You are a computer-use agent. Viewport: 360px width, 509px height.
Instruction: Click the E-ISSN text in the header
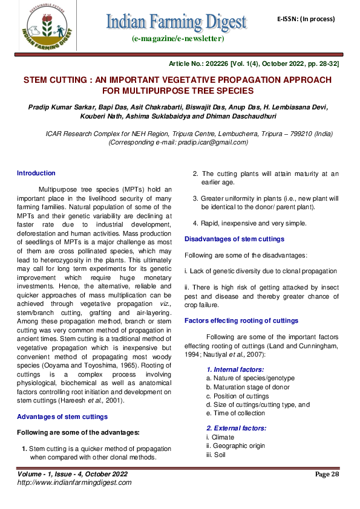click(x=306, y=19)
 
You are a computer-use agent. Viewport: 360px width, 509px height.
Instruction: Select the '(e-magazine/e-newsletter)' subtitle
click(x=177, y=39)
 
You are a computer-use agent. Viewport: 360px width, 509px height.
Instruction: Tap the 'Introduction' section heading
click(x=36, y=173)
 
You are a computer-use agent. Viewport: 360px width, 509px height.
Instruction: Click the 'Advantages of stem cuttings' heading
click(x=62, y=417)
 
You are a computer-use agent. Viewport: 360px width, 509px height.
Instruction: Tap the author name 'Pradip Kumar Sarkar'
click(x=58, y=107)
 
